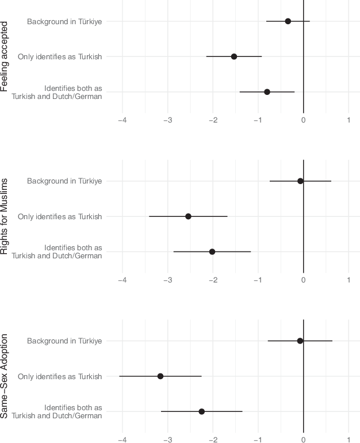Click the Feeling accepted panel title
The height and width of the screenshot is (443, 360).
click(x=5, y=56)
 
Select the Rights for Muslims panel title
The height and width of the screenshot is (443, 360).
click(x=5, y=216)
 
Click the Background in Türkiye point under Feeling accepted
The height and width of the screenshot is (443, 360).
click(x=288, y=21)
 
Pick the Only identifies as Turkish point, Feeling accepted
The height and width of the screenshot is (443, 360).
click(x=234, y=56)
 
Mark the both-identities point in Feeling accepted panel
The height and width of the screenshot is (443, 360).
click(x=267, y=92)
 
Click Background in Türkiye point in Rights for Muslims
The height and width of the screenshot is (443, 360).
click(x=300, y=181)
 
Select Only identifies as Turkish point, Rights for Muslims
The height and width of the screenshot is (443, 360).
click(x=188, y=216)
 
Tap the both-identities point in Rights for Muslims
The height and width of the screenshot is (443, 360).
click(x=212, y=252)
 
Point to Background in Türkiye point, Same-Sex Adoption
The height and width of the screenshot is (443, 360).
click(x=300, y=341)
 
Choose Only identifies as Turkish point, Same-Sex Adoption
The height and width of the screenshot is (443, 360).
click(x=160, y=376)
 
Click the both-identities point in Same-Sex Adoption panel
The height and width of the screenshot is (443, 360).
click(x=202, y=412)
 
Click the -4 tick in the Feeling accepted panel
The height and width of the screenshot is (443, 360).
click(x=122, y=120)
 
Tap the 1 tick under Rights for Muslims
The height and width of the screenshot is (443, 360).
click(x=348, y=280)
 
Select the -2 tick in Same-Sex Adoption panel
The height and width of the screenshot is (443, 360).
click(x=213, y=440)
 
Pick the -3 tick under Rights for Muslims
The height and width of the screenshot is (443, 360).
click(x=167, y=280)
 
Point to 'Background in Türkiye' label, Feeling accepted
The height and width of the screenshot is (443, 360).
click(x=64, y=21)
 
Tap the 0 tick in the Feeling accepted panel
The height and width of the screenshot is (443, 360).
click(x=303, y=120)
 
